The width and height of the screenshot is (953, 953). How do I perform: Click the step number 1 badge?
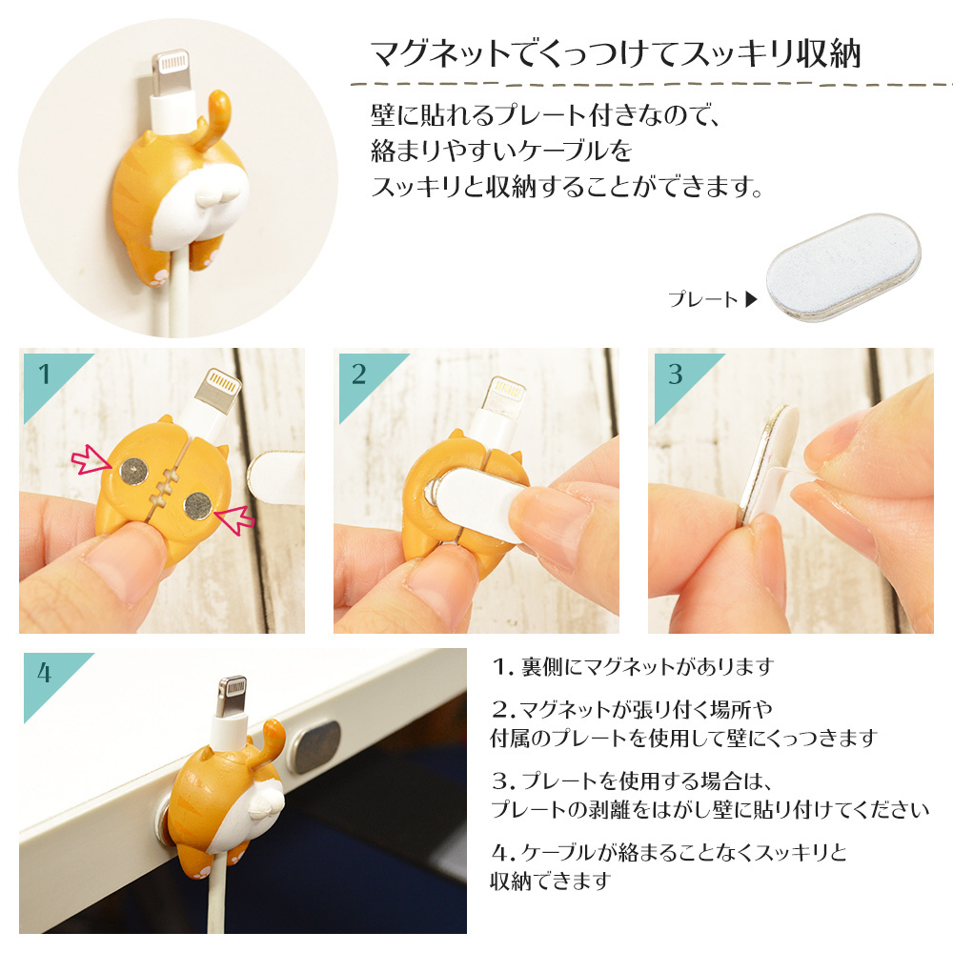[x=49, y=380]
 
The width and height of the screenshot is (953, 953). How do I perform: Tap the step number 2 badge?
[x=363, y=380]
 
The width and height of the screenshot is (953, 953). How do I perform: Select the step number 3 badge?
[x=679, y=380]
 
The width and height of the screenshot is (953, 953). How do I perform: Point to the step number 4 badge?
[x=49, y=679]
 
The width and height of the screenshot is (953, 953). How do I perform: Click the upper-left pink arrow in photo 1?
[x=91, y=460]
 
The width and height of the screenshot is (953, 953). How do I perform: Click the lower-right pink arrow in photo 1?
[x=235, y=519]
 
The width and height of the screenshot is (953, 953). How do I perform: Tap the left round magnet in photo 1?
[x=133, y=471]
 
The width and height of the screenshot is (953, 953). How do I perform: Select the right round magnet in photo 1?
[x=198, y=506]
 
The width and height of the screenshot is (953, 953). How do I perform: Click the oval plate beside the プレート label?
[x=843, y=268]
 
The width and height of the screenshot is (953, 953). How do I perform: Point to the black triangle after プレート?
[x=751, y=299]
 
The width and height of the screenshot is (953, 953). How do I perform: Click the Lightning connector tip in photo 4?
[x=233, y=696]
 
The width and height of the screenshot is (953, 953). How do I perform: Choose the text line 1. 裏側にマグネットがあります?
[x=633, y=667]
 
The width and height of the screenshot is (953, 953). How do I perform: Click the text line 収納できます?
[x=551, y=881]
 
